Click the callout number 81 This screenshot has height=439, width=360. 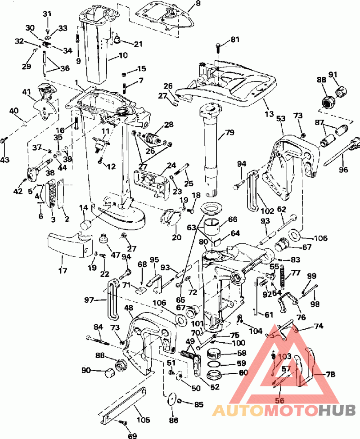click(235, 40)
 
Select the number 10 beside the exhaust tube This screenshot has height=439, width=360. click(123, 55)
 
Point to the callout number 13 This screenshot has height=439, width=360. click(269, 114)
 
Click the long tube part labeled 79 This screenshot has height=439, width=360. click(211, 148)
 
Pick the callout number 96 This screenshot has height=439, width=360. click(343, 169)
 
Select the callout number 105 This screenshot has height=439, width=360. click(143, 420)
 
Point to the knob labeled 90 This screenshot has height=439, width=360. click(109, 373)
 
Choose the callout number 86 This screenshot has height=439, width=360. click(174, 420)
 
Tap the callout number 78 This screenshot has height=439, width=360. click(330, 374)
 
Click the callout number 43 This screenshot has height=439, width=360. click(5, 160)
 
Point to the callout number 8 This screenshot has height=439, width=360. click(198, 4)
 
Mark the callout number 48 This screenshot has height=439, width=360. click(129, 307)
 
